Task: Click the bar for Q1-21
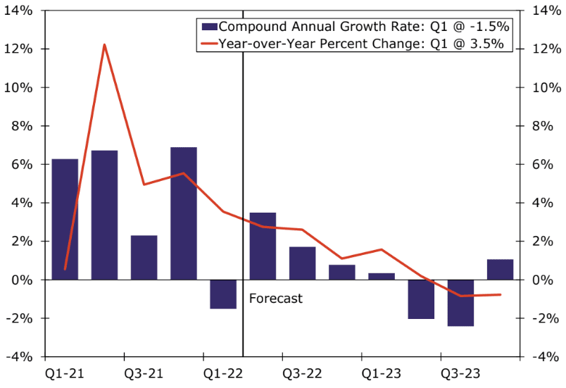65,219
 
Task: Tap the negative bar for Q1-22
223,294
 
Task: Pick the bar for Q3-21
144,257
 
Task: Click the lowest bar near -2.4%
460,303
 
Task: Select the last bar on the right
500,270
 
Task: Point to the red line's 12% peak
104,45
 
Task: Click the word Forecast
276,299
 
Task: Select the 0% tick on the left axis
27,280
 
